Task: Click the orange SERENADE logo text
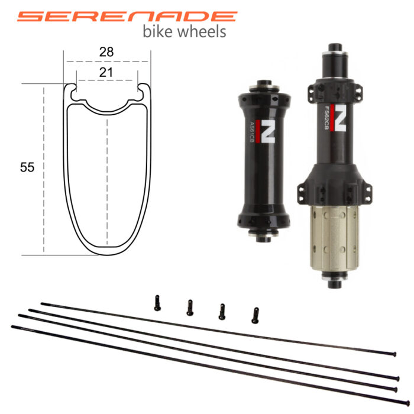click(x=127, y=17)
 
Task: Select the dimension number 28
click(x=106, y=52)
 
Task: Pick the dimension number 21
click(x=106, y=72)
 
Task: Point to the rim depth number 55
click(x=27, y=167)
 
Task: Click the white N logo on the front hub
click(x=268, y=131)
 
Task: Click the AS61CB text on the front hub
click(x=252, y=132)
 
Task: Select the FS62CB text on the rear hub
click(x=326, y=118)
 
